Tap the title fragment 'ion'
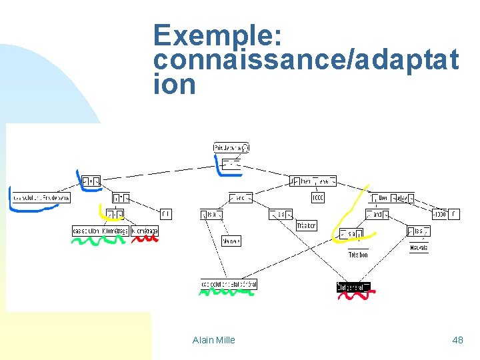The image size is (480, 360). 174,85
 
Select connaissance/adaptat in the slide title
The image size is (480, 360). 305,60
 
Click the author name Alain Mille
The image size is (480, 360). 213,340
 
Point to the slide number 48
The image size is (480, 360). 457,340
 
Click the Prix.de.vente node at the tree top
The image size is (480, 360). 231,147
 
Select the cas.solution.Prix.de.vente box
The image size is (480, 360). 41,197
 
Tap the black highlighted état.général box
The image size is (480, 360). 353,287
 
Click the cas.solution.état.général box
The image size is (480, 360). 229,285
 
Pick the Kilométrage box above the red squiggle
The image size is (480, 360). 145,231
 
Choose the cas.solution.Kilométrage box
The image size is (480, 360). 100,231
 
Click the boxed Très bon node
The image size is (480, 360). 307,226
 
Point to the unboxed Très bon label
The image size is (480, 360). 358,255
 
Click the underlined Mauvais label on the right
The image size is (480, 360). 419,248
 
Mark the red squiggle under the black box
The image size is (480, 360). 354,295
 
